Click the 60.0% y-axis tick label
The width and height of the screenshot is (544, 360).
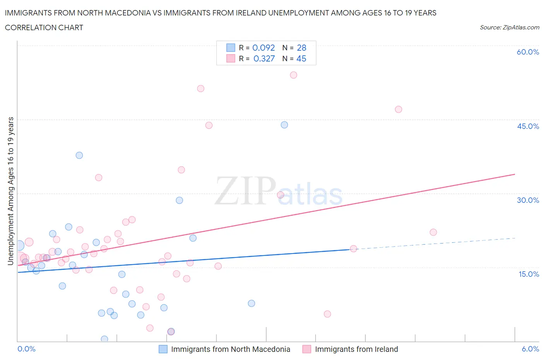(x=528, y=52)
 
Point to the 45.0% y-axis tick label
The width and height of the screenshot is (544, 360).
(x=528, y=126)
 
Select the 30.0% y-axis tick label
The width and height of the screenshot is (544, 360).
(x=528, y=200)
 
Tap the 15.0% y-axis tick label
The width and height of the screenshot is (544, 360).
(x=528, y=274)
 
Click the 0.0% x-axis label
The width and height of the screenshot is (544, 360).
(x=26, y=349)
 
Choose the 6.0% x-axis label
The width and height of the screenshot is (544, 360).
(x=530, y=349)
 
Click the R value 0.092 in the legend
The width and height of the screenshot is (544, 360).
(x=263, y=48)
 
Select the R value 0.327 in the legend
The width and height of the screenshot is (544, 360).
(x=264, y=58)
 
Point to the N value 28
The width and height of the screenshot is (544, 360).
(x=301, y=48)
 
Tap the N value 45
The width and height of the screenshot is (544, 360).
(x=301, y=58)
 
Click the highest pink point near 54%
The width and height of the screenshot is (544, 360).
(x=294, y=75)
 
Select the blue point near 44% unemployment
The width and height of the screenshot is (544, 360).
(x=284, y=125)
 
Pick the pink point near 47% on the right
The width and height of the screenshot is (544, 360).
(x=399, y=109)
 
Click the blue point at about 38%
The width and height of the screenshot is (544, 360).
(x=79, y=155)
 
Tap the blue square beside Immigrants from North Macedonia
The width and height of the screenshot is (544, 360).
(x=163, y=349)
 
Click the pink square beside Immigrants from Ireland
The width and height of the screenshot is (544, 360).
(x=307, y=349)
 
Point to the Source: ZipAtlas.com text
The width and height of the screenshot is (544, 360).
(x=509, y=27)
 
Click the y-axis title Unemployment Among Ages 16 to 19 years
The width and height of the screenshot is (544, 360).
(x=10, y=191)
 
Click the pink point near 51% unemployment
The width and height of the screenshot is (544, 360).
(x=200, y=89)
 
